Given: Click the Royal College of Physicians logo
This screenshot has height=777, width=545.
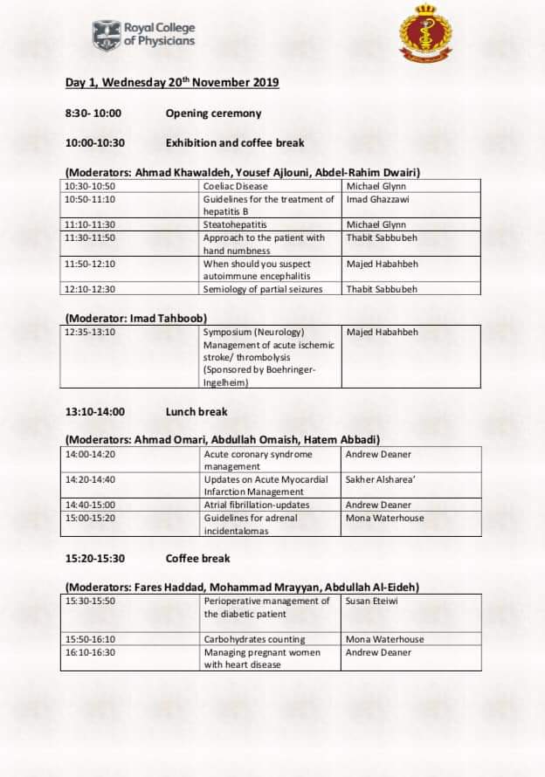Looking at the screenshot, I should tap(143, 34).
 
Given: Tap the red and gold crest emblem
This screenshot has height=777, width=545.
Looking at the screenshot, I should tap(426, 34).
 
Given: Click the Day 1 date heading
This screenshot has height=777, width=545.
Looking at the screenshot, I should tap(172, 83).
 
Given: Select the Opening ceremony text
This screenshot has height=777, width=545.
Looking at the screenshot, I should tap(213, 113).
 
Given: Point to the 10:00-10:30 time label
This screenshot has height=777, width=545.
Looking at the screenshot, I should tap(95, 142).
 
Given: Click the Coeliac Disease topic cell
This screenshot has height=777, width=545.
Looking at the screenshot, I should tap(236, 186).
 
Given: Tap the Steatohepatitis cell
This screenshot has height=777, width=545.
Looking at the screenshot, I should tap(235, 224).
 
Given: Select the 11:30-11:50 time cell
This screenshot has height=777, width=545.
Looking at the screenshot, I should tap(90, 237).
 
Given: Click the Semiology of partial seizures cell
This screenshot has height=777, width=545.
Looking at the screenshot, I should tap(263, 289).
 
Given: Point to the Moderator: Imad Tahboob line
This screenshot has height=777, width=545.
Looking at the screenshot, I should tap(136, 318).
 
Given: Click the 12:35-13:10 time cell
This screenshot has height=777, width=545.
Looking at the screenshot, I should tap(90, 333).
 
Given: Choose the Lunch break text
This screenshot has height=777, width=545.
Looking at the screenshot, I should tap(197, 411).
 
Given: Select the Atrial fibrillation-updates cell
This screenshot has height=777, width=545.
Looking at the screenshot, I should tap(257, 505).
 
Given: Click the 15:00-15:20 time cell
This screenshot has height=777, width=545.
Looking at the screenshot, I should tap(90, 518).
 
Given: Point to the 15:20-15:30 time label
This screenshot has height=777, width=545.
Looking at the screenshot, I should tap(95, 558).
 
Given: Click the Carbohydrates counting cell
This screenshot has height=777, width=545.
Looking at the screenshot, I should tap(254, 639).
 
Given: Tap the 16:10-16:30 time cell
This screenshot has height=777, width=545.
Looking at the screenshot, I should tap(90, 652).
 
